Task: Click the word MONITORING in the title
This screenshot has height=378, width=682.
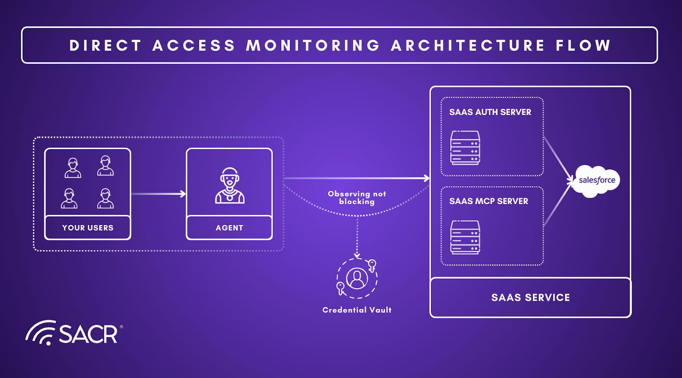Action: (x=313, y=46)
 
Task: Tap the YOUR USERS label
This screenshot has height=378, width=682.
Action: (x=88, y=228)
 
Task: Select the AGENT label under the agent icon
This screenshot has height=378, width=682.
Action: (x=229, y=228)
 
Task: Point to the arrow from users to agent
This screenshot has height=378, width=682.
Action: (x=159, y=194)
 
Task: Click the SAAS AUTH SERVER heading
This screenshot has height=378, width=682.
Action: (x=490, y=112)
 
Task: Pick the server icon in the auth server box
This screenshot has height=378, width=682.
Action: (x=465, y=147)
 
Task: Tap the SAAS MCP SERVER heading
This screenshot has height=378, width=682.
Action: (x=488, y=201)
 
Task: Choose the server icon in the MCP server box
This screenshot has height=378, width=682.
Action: (x=465, y=237)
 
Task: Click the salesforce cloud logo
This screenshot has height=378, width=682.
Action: (x=596, y=181)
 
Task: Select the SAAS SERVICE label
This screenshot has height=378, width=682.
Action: (x=530, y=297)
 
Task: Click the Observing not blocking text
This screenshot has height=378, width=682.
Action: (x=357, y=198)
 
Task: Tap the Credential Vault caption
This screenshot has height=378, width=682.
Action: (x=357, y=310)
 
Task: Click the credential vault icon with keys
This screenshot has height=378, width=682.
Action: (x=357, y=278)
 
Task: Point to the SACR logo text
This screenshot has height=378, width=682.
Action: (x=88, y=334)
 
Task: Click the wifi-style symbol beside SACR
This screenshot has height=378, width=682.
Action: (x=41, y=332)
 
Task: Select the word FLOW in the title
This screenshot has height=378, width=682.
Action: (x=583, y=46)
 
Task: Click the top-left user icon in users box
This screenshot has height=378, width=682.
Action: (x=73, y=168)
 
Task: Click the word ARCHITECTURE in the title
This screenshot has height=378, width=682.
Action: (x=468, y=46)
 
